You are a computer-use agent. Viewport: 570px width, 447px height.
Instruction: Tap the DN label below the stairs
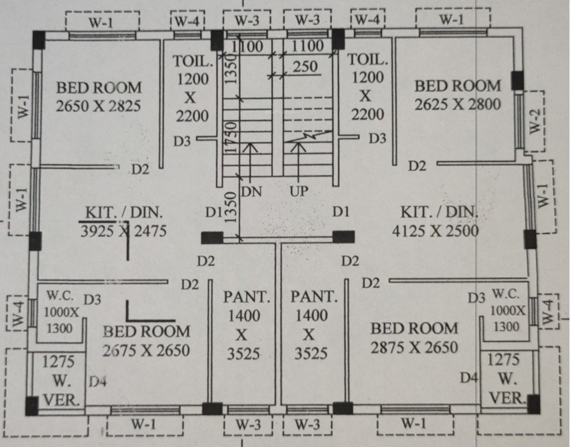tap(251, 192)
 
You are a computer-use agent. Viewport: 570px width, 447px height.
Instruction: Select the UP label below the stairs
tap(300, 192)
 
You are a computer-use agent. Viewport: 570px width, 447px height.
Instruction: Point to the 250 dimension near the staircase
tap(305, 68)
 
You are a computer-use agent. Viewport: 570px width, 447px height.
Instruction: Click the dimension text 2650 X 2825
tap(98, 106)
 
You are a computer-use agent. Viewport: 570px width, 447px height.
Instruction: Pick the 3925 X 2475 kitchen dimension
tap(123, 232)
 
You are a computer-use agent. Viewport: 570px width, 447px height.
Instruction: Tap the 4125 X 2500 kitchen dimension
tap(436, 231)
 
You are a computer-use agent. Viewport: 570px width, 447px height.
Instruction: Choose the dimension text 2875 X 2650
tap(414, 347)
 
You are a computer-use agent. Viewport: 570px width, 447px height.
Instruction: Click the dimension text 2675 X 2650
tap(146, 350)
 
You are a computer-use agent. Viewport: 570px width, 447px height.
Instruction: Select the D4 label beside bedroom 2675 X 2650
tap(98, 382)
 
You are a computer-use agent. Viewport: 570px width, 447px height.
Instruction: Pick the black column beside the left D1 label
tap(212, 238)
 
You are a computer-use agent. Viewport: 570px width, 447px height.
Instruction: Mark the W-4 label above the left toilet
tap(187, 22)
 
